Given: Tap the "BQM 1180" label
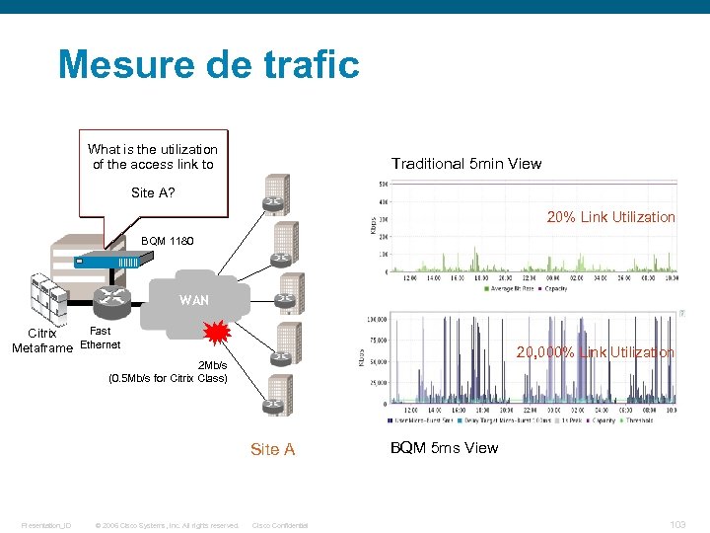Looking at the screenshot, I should click(x=168, y=240).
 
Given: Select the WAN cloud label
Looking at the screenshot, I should click(x=194, y=300).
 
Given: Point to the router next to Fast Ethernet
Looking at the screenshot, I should click(x=106, y=299).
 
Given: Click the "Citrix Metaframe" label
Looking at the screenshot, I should click(x=41, y=341).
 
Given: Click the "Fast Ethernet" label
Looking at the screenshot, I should click(x=100, y=339).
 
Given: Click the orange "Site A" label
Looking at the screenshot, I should click(x=272, y=450).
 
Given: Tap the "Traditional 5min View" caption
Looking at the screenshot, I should click(x=465, y=164).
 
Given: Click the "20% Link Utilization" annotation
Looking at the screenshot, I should click(x=610, y=217).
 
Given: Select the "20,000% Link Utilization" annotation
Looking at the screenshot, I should click(x=596, y=352).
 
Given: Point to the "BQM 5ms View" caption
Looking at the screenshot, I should click(x=444, y=448).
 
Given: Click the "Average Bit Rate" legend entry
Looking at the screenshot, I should click(x=510, y=289).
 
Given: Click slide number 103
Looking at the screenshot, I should click(x=677, y=525).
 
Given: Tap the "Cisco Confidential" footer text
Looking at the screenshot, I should click(x=280, y=525).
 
